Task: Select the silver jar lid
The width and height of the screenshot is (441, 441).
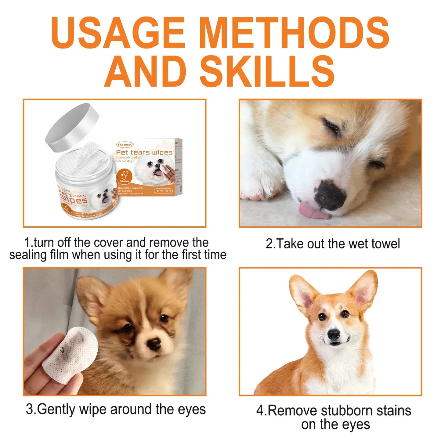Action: [x=72, y=127]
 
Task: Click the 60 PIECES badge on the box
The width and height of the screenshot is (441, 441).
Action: [x=163, y=191]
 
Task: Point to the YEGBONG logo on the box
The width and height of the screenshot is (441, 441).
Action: [x=125, y=144]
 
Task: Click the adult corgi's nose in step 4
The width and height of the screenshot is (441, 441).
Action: [x=334, y=335]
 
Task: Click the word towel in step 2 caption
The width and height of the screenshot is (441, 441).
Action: [x=384, y=244]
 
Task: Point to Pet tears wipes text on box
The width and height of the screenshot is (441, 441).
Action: [x=144, y=152]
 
